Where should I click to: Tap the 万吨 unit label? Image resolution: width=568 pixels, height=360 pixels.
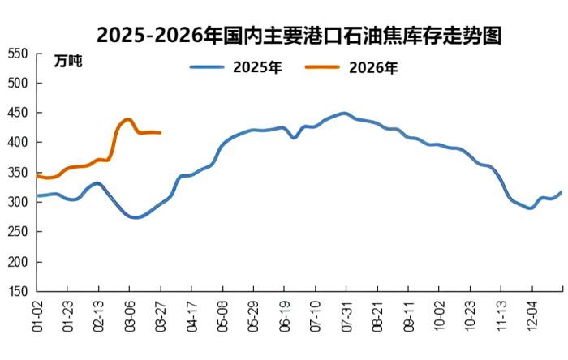tap(68, 61)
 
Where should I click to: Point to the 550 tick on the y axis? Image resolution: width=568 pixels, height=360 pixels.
tap(18, 54)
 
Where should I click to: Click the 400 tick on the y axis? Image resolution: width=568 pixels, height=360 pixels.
tap(18, 143)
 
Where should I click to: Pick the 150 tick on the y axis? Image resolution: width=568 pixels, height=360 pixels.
tap(18, 291)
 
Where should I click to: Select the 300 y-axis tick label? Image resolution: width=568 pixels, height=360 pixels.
tap(18, 202)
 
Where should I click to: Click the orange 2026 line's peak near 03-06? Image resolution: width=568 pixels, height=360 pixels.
tap(129, 119)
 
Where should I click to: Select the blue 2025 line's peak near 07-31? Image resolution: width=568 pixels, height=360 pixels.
tap(344, 114)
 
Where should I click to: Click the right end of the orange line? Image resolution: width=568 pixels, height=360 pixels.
tap(160, 132)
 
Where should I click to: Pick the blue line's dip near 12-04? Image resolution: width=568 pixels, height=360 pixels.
tap(530, 208)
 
